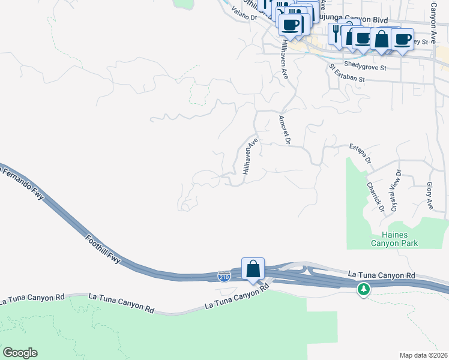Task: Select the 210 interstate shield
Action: [223, 276]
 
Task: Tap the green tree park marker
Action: [363, 289]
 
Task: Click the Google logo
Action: [20, 352]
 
